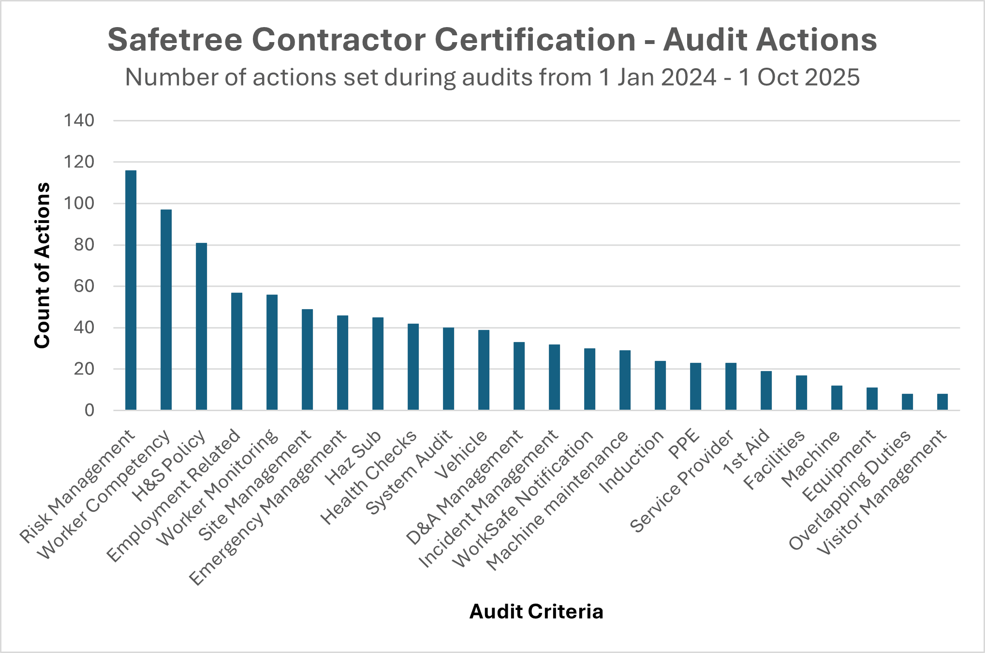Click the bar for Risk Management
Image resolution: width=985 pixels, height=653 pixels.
pos(131,290)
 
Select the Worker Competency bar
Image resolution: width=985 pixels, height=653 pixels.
pos(166,310)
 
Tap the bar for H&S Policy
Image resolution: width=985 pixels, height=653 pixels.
pos(201,326)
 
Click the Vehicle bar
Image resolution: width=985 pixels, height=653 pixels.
pos(484,370)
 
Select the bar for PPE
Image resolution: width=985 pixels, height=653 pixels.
pos(695,386)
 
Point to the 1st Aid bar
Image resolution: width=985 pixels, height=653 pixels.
pos(766,391)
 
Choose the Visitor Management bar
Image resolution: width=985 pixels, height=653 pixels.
pos(942,402)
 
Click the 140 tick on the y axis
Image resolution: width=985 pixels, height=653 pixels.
pos(79,120)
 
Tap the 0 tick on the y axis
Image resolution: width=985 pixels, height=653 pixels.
pos(89,411)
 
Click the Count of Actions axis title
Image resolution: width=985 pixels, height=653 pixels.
pos(43,265)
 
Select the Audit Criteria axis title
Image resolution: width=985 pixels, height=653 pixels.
pos(536,611)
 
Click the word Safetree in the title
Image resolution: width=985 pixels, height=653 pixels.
pos(175,40)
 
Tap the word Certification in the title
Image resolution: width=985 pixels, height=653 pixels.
pos(535,40)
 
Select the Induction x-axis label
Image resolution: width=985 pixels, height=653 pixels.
pos(631,461)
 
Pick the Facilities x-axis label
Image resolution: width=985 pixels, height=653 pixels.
pos(774,460)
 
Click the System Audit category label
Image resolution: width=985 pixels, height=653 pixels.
pos(409,472)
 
